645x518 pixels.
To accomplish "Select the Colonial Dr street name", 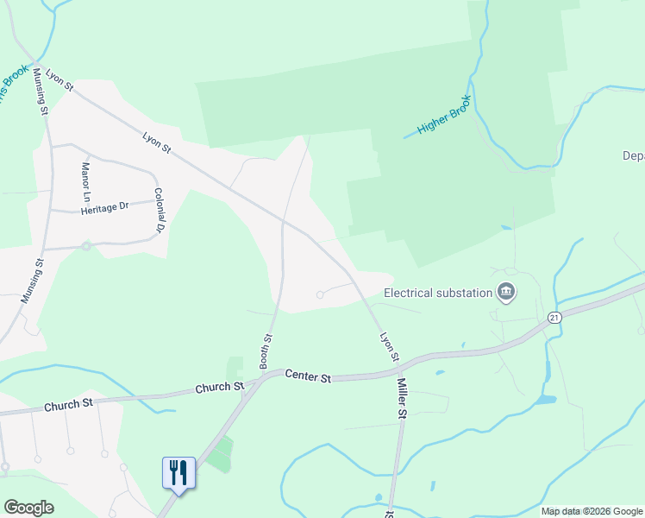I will coord(159,211).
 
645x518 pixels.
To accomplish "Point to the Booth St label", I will coord(267,352).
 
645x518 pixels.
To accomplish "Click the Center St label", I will coord(308,377).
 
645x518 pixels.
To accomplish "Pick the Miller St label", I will coord(402,396).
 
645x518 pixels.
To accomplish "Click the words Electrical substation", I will coord(437,293).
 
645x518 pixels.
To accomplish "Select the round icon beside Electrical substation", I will coord(506,293).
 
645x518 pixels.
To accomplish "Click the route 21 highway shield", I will coord(554,318).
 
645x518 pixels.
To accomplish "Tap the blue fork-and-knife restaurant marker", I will coord(178,473).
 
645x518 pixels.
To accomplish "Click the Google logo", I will coord(28,508).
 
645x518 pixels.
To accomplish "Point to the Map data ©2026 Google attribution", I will coord(592,511).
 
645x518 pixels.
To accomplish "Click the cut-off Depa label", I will coord(633,156).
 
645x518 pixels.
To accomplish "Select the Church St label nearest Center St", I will coord(219,388).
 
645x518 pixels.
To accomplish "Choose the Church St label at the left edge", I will coord(67,404).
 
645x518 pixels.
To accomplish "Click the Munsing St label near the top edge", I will coord(41,90).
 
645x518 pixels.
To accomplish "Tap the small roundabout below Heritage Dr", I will coord(86,246).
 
